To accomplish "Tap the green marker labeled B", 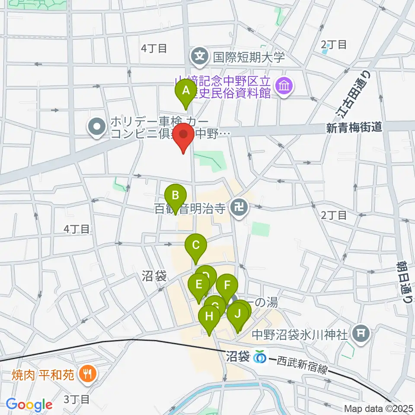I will (176, 196).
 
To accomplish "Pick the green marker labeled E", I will (199, 285).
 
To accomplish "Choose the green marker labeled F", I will (227, 286).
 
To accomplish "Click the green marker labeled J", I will (237, 315).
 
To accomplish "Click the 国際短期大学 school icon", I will (200, 56).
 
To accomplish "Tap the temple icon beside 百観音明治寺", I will (238, 209).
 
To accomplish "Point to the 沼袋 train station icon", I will (260, 357).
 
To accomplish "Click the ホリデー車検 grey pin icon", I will (96, 127).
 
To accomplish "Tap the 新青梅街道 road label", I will (354, 128).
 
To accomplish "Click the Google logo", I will (29, 405).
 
